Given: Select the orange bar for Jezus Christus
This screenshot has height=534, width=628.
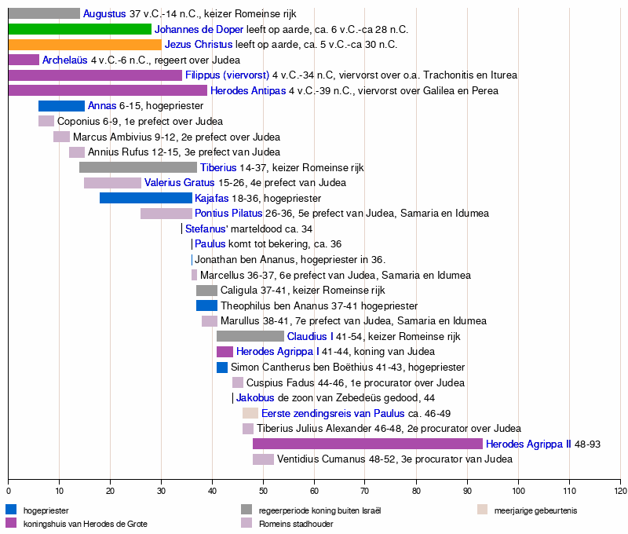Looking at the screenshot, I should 85,45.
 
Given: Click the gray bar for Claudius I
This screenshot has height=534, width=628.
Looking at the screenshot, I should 250,336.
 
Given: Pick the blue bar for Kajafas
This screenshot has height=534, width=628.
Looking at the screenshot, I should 146,198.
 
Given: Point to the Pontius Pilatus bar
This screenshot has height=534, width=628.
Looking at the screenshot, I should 166,214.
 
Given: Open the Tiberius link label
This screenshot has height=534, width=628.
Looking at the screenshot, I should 218,167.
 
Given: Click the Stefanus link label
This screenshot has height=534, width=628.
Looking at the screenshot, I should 206,229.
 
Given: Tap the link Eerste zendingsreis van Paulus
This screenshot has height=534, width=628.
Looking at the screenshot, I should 333,413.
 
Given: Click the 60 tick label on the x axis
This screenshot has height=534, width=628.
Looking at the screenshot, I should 314,491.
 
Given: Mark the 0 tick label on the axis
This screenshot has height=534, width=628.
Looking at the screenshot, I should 8,491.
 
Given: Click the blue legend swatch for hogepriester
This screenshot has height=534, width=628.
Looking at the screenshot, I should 11,510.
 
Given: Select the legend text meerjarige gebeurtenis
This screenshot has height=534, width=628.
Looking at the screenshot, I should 535,510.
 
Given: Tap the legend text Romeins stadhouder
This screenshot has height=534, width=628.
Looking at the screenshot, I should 296,523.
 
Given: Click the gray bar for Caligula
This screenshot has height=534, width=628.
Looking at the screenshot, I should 206,291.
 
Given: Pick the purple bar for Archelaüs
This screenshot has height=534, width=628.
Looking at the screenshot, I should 24,60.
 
